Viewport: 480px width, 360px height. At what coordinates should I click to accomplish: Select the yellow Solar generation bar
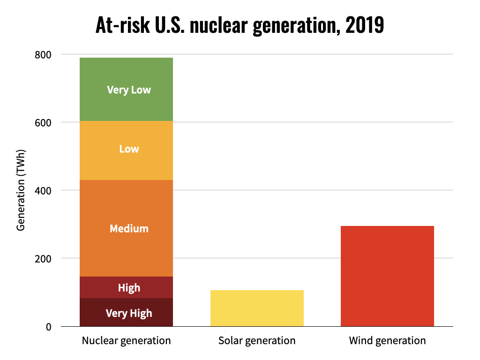pos(257,308)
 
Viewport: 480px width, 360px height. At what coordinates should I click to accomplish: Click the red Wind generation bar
pos(387,276)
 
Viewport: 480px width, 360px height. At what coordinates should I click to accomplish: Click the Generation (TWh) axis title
pos(21,190)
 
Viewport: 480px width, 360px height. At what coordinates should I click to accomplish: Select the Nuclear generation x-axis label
pos(126,341)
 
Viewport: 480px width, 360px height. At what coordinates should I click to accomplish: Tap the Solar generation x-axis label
pos(257,341)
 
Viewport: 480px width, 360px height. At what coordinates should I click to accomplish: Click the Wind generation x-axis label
pos(387,341)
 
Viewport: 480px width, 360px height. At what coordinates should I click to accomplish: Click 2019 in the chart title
pos(364,26)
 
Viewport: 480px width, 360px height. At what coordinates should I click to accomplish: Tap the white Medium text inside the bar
pos(129,229)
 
